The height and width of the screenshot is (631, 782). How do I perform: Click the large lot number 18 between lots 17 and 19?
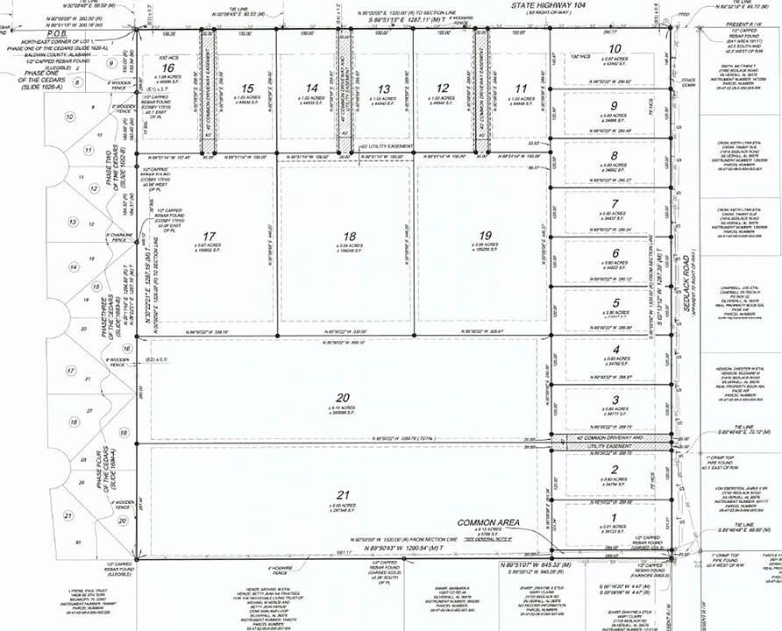pyautogui.click(x=350, y=237)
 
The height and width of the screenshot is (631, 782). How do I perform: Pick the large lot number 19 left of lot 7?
pyautogui.click(x=486, y=235)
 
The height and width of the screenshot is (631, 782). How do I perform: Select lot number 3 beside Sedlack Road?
pyautogui.click(x=615, y=400)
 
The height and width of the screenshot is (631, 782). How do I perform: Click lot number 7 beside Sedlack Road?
pyautogui.click(x=615, y=203)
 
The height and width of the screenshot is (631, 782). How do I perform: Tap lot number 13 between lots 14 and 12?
pyautogui.click(x=383, y=89)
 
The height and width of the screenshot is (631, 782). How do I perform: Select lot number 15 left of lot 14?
pyautogui.click(x=248, y=89)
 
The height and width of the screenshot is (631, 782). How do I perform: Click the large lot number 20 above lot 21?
pyautogui.click(x=342, y=397)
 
